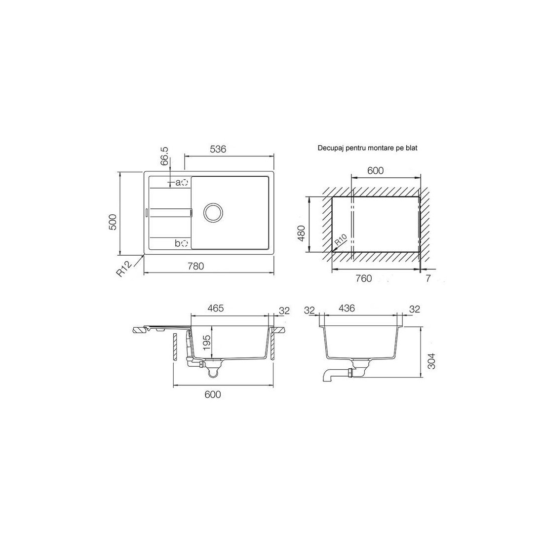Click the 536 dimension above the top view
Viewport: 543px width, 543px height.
coord(218,149)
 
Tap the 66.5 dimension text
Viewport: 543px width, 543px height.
coord(165,156)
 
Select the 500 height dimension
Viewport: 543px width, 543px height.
coord(113,222)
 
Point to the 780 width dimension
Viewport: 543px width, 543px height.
coord(195,266)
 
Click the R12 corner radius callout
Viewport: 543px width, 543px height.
coord(124,270)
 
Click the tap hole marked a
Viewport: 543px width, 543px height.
coord(185,182)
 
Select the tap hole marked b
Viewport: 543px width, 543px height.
coord(185,243)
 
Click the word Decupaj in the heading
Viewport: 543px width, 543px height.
coord(329,149)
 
